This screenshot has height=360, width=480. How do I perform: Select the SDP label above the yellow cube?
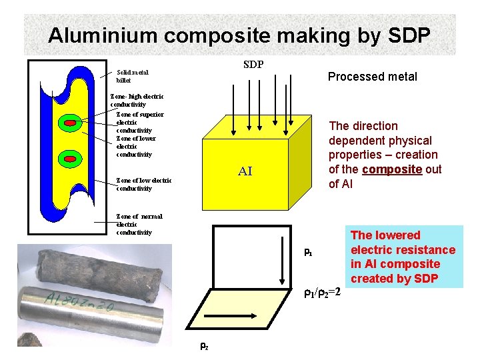pyautogui.click(x=253, y=65)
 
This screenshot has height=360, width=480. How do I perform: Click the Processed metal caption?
pyautogui.click(x=372, y=77)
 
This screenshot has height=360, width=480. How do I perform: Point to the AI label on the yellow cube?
pyautogui.click(x=245, y=171)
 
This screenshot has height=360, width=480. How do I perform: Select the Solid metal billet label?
pyautogui.click(x=133, y=76)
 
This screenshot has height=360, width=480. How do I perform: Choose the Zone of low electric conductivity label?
pyautogui.click(x=143, y=184)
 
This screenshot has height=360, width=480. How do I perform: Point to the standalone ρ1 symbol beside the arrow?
pyautogui.click(x=308, y=253)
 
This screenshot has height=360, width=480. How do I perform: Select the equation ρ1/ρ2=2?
pyautogui.click(x=322, y=292)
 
